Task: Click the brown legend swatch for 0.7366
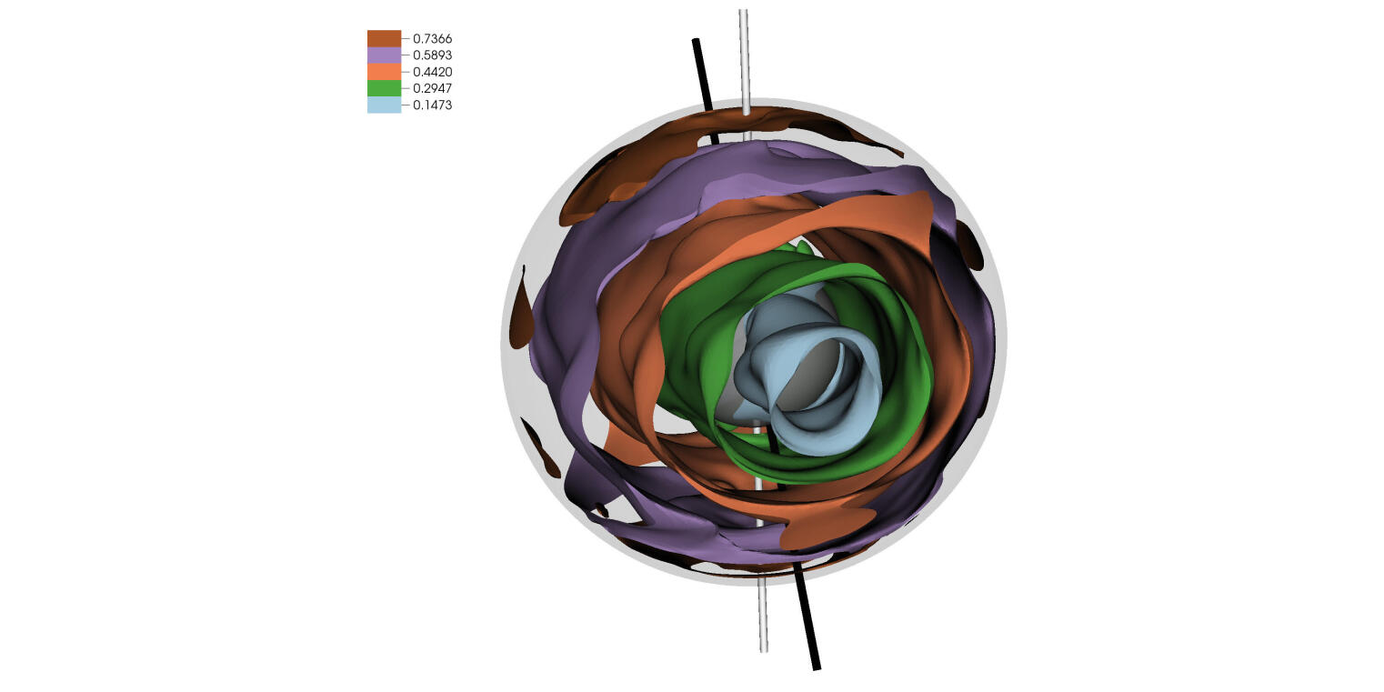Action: (384, 38)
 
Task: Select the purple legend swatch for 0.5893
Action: (384, 55)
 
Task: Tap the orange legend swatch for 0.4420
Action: (384, 72)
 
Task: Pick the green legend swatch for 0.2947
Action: (384, 88)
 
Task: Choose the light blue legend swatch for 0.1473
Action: (384, 105)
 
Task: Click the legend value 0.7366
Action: (432, 39)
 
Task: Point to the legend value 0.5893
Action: (432, 55)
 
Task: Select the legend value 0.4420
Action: (432, 72)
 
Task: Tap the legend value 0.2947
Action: (432, 88)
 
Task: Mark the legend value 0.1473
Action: (432, 105)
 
